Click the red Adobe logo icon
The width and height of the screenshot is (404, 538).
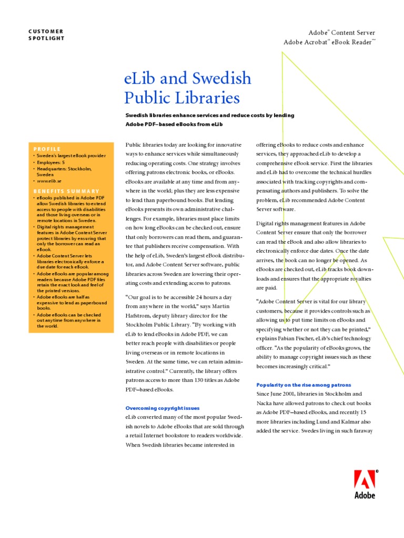click(x=364, y=480)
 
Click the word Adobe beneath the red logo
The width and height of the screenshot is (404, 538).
click(x=365, y=495)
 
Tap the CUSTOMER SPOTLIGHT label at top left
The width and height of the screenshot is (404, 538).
click(x=46, y=35)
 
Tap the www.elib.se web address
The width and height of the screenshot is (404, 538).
click(x=49, y=180)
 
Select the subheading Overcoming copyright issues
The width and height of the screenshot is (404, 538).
click(x=162, y=408)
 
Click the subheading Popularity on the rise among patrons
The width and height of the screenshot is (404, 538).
click(x=303, y=385)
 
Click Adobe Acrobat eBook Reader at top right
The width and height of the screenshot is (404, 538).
click(x=329, y=42)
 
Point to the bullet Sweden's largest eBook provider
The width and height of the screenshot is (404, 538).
click(x=71, y=156)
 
